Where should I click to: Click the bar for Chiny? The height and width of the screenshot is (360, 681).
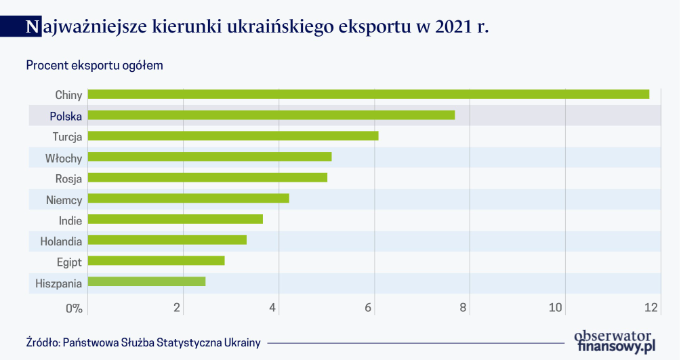[x=368, y=94]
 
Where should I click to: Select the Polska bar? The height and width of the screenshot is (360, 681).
[x=271, y=115]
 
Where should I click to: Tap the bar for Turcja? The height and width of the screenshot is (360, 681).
[x=233, y=136]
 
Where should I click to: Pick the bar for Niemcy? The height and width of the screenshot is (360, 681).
[x=188, y=199]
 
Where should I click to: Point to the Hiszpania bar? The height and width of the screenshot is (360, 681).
[x=146, y=281]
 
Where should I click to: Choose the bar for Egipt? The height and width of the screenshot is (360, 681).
[x=156, y=261]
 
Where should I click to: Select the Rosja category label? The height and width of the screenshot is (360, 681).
[x=69, y=179]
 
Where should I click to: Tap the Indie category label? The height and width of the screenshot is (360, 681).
[x=70, y=220]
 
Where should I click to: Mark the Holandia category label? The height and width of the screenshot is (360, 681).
[x=61, y=241]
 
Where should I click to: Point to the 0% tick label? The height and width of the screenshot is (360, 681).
[x=74, y=308]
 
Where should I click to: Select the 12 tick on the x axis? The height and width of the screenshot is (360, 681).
[x=652, y=308]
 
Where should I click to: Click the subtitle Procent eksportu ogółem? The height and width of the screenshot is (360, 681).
[x=94, y=66]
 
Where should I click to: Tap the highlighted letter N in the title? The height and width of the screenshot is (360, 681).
[x=31, y=27]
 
